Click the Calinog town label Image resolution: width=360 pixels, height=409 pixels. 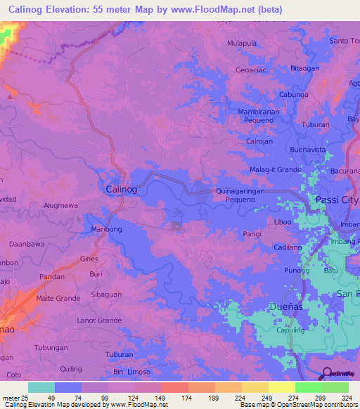[x=120, y=190]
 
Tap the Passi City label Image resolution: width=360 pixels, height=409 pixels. [x=335, y=200]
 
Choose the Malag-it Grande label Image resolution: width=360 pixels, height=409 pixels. [x=276, y=170]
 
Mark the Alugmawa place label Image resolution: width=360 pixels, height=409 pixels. [x=60, y=205]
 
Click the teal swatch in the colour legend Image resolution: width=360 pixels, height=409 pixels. [x=41, y=387]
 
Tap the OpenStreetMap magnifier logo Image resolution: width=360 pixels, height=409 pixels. [x=326, y=373]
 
